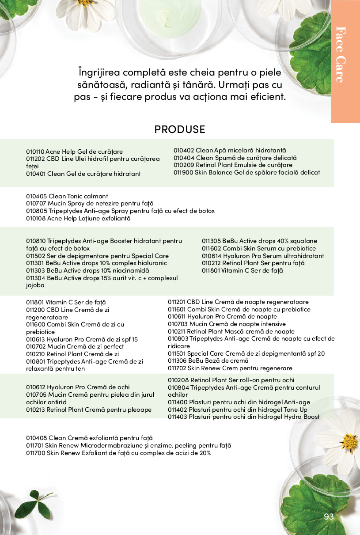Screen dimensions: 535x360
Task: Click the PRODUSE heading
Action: pyautogui.click(x=180, y=129)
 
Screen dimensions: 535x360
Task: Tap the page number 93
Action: pyautogui.click(x=329, y=517)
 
